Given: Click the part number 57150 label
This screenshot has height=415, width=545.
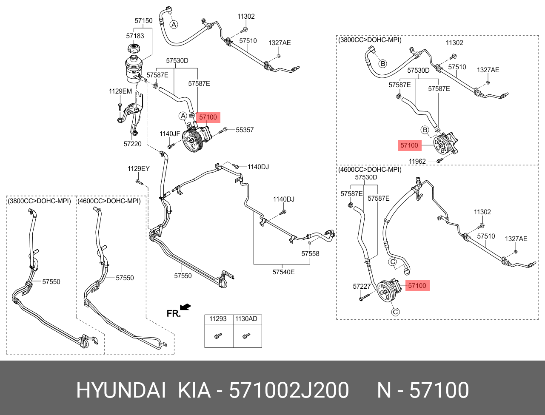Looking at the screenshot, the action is coord(143,20).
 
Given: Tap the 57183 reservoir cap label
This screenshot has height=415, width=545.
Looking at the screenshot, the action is coord(135,36).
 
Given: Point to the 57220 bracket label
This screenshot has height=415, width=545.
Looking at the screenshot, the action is coord(132,144).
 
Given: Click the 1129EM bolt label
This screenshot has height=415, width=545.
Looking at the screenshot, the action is coord(120,91).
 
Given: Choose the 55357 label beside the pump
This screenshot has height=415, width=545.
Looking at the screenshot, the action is coord(245,130).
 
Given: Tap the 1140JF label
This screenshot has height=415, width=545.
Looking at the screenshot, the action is coord(170,134).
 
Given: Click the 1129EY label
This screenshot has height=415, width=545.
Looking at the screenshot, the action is coord(139,169).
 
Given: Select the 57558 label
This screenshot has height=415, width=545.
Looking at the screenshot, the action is coord(310,254).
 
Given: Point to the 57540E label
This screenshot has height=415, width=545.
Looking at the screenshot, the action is coord(283,272).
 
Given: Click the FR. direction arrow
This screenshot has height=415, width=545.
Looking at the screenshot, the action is coord(185,307).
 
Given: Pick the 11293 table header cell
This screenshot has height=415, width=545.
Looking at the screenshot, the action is coord(218,318).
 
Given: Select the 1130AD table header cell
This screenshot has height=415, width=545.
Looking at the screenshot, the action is coord(247,318).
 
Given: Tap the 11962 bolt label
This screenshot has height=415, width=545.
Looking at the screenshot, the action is coord(417,162).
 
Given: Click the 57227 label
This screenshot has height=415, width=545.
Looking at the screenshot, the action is coord(362,287).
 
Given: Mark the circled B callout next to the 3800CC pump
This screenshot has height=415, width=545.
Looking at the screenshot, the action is coord(425,130).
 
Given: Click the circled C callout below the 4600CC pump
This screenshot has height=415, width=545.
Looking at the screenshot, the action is coord(395,312).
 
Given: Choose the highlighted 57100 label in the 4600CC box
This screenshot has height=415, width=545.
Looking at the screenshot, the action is coord(417,286).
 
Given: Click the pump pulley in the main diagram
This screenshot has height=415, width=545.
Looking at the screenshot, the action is coord(192,141).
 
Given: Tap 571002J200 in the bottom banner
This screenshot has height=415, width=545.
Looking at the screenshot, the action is coord(289,390).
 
